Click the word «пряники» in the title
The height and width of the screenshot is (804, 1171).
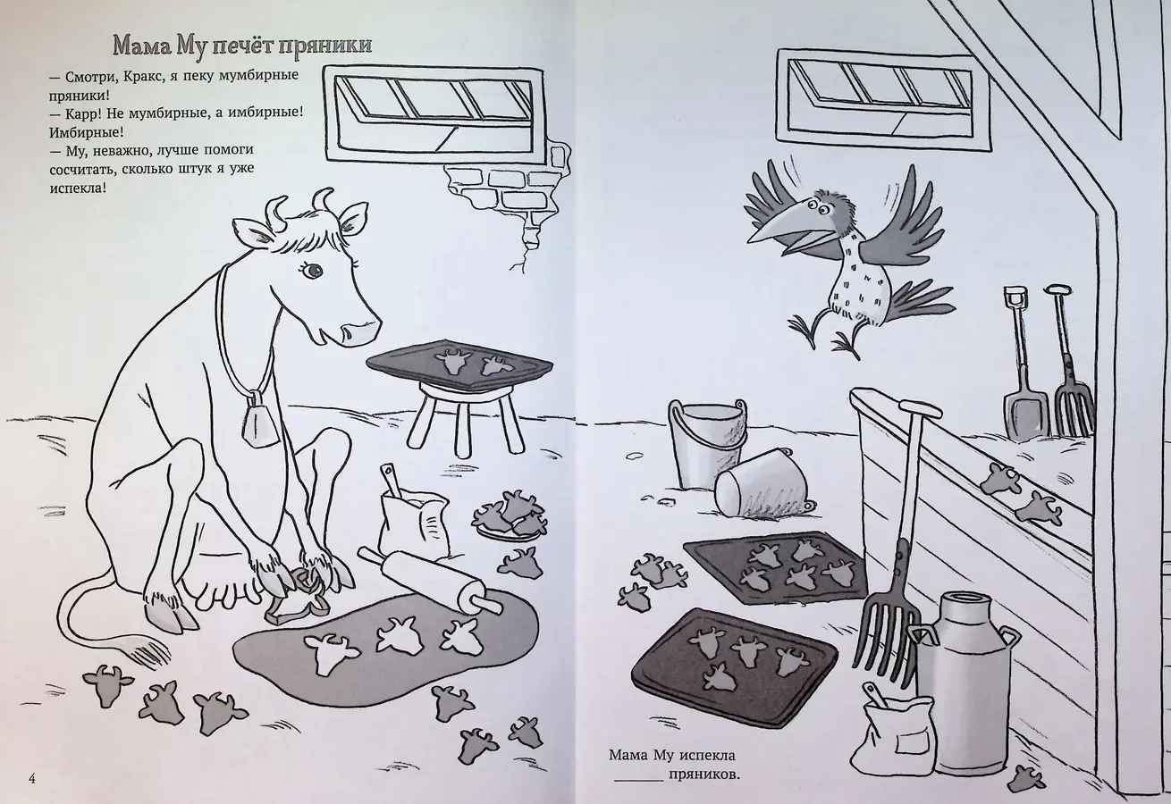pos(324,46)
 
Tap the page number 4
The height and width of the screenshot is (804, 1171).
pos(32,779)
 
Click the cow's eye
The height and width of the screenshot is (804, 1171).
pos(314,270)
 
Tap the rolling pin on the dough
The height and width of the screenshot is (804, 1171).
pos(430,581)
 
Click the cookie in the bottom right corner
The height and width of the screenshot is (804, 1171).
pos(1025,780)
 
